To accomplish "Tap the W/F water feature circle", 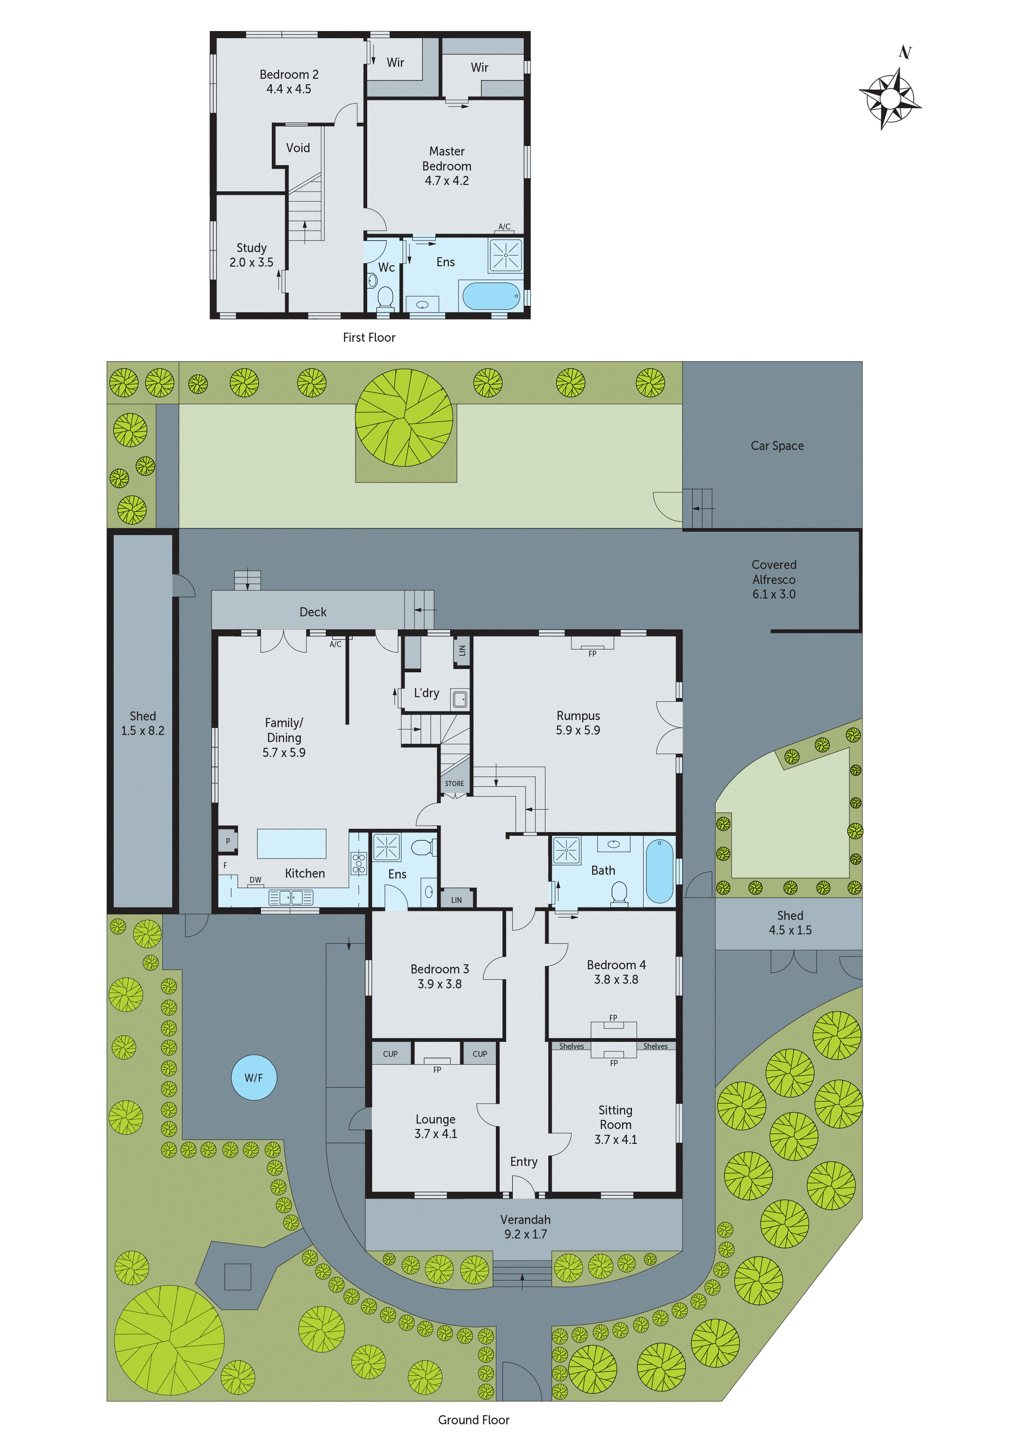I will point(254,1077).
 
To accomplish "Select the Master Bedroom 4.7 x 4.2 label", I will point(446,166).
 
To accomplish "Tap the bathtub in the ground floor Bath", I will point(659,871).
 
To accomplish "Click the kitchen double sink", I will point(291,897).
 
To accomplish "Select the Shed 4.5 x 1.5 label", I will point(790,923).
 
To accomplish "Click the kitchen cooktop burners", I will point(359,863).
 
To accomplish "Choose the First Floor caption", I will point(368,338).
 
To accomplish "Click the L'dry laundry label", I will point(426,693).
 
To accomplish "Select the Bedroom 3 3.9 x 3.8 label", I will point(439,976).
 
